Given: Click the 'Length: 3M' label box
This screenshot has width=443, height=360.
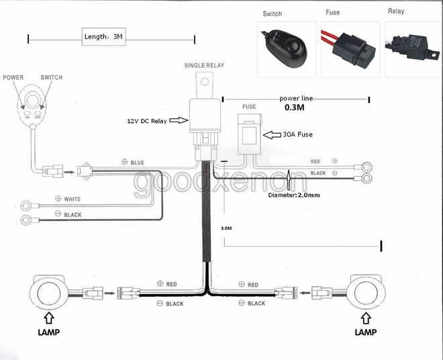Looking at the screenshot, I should pos(104,38).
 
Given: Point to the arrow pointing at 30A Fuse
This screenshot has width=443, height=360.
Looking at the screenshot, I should pos(272,135).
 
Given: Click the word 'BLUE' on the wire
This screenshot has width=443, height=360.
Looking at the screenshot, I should pos(138,163).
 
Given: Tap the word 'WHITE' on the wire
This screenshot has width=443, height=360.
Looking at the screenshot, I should pos(72,199).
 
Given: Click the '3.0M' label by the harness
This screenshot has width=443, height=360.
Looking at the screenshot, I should pos(226,228).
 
